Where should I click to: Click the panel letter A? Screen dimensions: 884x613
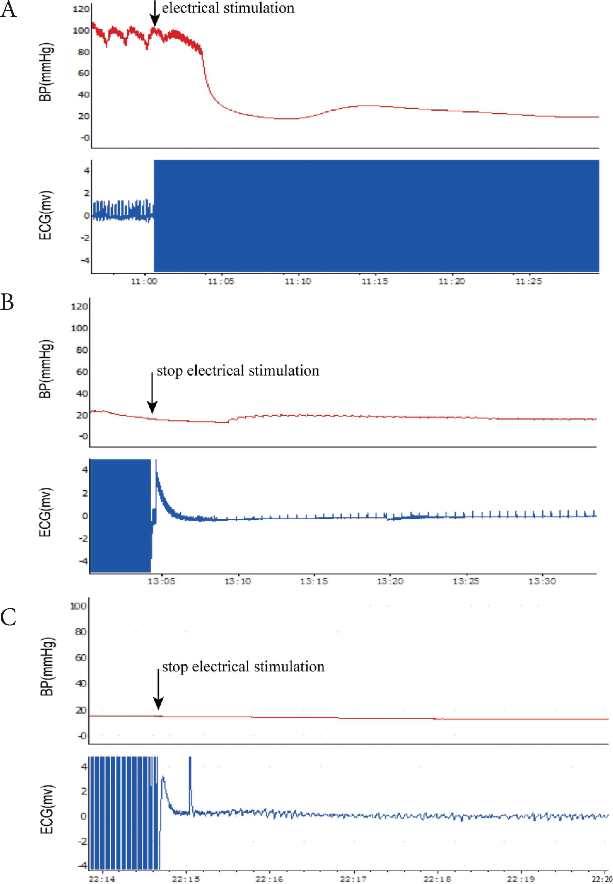pyautogui.click(x=8, y=10)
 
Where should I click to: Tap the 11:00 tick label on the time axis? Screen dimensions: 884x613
pyautogui.click(x=144, y=281)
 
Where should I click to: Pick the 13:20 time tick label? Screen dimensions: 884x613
pyautogui.click(x=390, y=581)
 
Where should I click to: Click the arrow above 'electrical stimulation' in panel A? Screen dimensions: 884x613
pyautogui.click(x=154, y=14)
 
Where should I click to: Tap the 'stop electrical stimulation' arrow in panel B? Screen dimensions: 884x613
pyautogui.click(x=152, y=392)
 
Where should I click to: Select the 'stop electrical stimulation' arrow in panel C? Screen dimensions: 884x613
pyautogui.click(x=158, y=689)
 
